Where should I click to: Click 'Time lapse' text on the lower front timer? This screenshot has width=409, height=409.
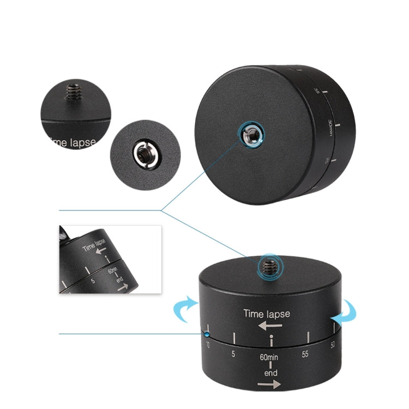(x=267, y=314)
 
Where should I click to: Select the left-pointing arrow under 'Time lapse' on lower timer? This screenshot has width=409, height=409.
(x=270, y=326)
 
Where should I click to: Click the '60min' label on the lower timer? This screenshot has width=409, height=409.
(x=270, y=359)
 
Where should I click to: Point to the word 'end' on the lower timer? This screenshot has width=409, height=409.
(x=271, y=373)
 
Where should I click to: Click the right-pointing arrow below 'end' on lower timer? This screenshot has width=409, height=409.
(x=269, y=385)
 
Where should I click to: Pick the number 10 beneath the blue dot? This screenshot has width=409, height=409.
(x=208, y=345)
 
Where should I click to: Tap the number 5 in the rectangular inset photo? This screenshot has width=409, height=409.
(x=94, y=281)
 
